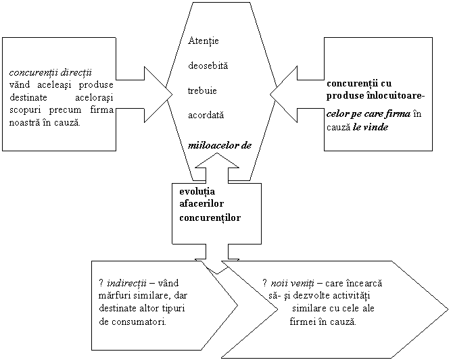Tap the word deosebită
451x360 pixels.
coord(208,66)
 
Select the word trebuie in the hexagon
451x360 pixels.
coord(202,91)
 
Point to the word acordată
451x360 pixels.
coord(206,115)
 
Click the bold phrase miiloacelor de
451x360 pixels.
coord(222,146)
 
